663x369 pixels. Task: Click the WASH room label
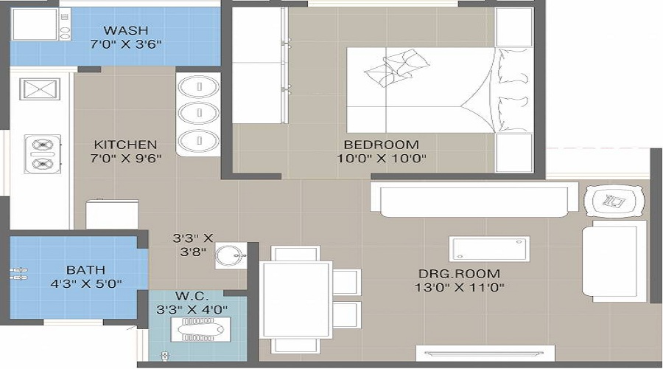click(126, 30)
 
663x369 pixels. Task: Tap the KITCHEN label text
click(125, 145)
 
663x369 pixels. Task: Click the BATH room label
click(85, 269)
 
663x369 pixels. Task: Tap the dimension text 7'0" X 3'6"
click(126, 44)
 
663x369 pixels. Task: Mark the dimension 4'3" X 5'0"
click(85, 283)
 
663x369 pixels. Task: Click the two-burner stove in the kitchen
click(41, 154)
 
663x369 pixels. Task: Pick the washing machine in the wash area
click(35, 24)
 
